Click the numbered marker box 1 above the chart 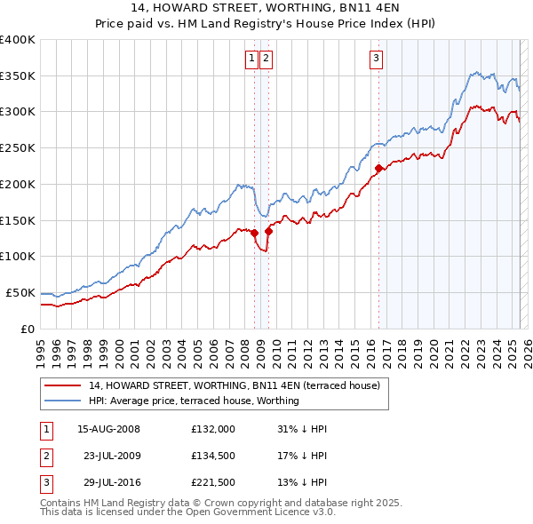point(251,59)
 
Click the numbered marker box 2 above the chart point(266,59)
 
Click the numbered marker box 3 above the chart point(376,59)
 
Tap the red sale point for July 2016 point(378,168)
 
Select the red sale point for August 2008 point(254,233)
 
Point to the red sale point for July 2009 point(268,231)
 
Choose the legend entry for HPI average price point(194,401)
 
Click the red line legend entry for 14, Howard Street point(234,385)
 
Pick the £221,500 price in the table point(212,485)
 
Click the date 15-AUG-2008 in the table point(108,428)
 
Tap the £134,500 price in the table point(212,457)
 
